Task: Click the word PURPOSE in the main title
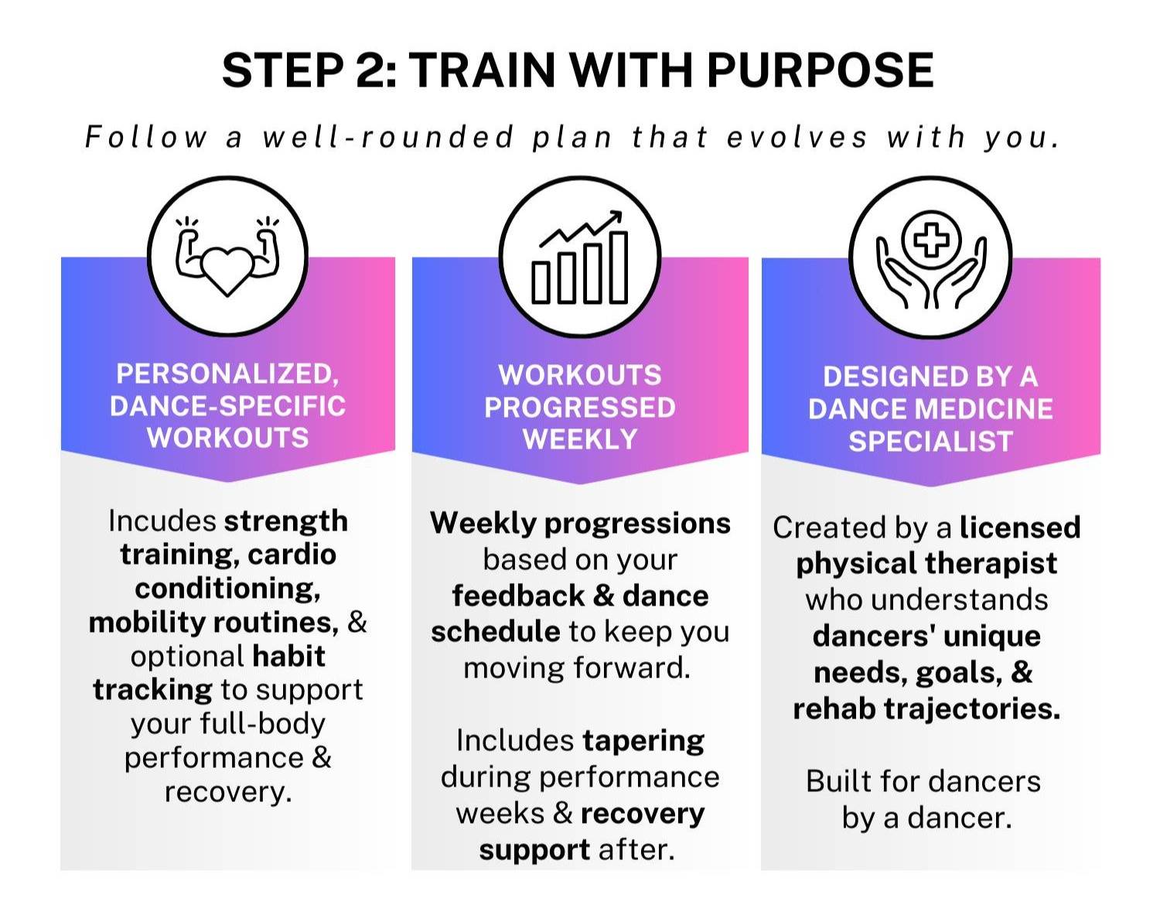pyautogui.click(x=820, y=70)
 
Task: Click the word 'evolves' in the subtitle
pyautogui.click(x=797, y=136)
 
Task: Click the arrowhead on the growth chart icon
pyautogui.click(x=615, y=217)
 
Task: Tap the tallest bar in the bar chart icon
pyautogui.click(x=619, y=268)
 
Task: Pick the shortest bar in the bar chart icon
pyautogui.click(x=541, y=282)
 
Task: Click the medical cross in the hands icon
pyautogui.click(x=931, y=240)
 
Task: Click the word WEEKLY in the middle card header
pyautogui.click(x=580, y=439)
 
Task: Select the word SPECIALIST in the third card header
pyautogui.click(x=930, y=442)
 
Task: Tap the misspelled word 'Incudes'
pyautogui.click(x=162, y=521)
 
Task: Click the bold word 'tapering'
pyautogui.click(x=643, y=742)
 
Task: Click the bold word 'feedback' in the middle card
pyautogui.click(x=518, y=596)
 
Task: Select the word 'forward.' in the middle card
pyautogui.click(x=631, y=668)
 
